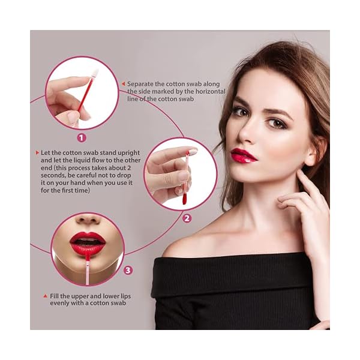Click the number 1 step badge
[90, 137]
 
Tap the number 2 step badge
[187, 218]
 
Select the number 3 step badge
[127, 270]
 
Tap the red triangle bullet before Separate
[124, 84]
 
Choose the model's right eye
[240, 112]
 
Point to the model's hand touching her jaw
[306, 204]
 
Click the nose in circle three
[88, 220]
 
